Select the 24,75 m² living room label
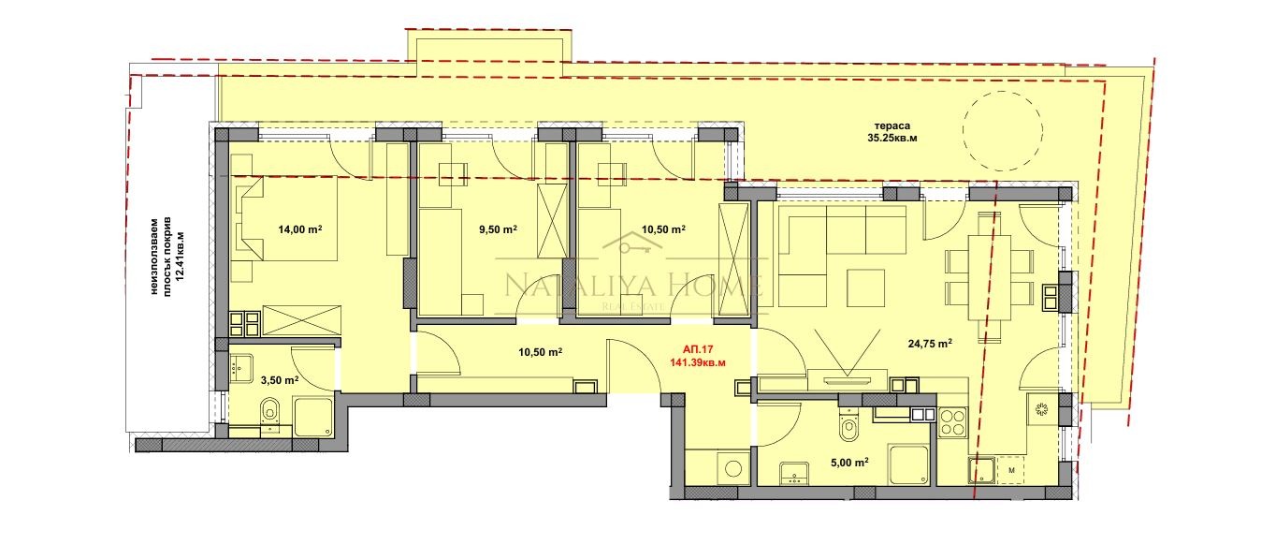930,344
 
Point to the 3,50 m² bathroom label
277,380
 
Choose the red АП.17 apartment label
698,348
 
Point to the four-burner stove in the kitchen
952,422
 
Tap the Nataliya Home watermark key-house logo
633,245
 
